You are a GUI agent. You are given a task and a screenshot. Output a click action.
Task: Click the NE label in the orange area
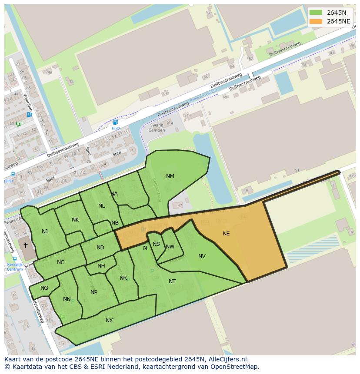(x=226, y=234)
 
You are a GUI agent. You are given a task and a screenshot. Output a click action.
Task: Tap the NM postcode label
(x=170, y=176)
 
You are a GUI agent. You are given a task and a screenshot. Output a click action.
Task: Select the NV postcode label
(x=202, y=256)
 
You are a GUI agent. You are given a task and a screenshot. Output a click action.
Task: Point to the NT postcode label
(x=172, y=281)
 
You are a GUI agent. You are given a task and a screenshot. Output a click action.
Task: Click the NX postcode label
(x=109, y=321)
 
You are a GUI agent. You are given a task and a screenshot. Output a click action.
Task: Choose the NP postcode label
(x=94, y=292)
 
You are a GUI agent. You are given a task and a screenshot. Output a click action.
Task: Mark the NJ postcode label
(x=45, y=232)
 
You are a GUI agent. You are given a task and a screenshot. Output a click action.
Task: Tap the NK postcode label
(x=75, y=220)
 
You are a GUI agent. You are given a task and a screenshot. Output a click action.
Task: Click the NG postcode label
(x=44, y=288)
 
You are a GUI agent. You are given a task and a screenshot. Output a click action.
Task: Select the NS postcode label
(x=156, y=244)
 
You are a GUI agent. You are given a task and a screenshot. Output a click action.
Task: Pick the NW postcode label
(x=170, y=247)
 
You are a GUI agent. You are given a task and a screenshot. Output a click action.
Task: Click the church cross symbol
(x=26, y=245)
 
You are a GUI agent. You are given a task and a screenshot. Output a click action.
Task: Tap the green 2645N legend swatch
(x=316, y=13)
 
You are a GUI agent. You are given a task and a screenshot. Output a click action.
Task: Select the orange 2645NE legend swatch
(x=316, y=21)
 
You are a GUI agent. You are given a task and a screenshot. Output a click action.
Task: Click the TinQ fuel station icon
(x=115, y=122)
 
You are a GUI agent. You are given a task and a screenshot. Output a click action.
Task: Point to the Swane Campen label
(x=157, y=128)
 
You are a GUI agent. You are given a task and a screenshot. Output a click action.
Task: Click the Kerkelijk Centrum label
(x=15, y=267)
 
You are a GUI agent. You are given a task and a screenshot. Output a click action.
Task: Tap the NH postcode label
(x=101, y=266)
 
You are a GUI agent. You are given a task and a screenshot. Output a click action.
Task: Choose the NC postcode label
(x=60, y=262)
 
